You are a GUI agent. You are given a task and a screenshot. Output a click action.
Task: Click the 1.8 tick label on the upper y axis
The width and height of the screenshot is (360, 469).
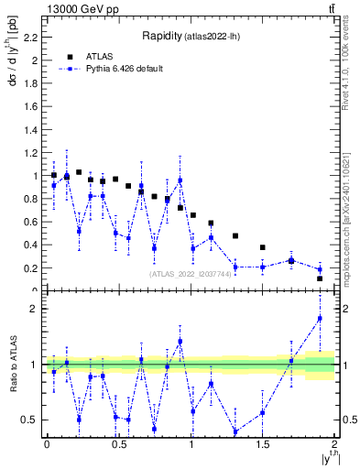click(33, 83)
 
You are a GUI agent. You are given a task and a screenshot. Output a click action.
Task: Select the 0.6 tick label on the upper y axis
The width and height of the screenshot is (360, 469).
click(33, 222)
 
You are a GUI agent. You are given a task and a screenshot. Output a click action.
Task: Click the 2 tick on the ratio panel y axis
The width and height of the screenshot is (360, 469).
click(36, 309)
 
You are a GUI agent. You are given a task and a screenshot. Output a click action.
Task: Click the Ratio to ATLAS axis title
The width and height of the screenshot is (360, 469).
click(12, 365)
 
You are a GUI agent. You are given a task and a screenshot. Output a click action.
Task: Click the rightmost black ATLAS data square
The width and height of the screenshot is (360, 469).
click(320, 278)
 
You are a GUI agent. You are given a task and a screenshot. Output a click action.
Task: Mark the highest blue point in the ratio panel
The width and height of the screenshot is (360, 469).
click(320, 319)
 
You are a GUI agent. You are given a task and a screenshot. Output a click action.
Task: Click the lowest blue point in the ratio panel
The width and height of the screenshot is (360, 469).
click(235, 431)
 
